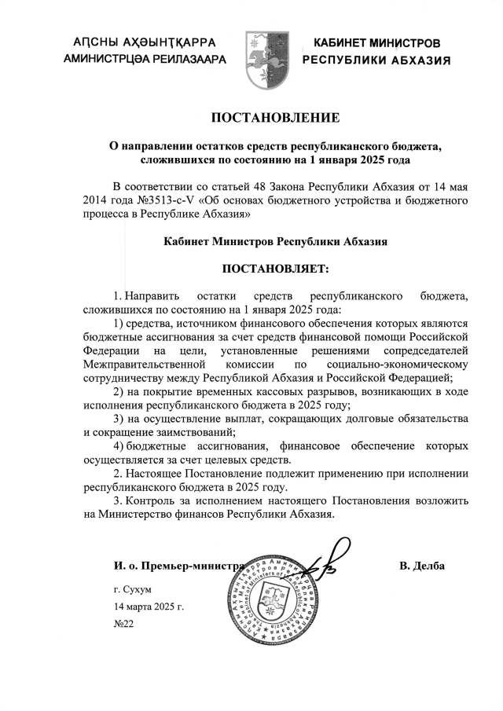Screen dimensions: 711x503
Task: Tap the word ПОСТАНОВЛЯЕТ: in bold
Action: click(x=274, y=269)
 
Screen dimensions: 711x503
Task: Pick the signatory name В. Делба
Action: click(x=422, y=565)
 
